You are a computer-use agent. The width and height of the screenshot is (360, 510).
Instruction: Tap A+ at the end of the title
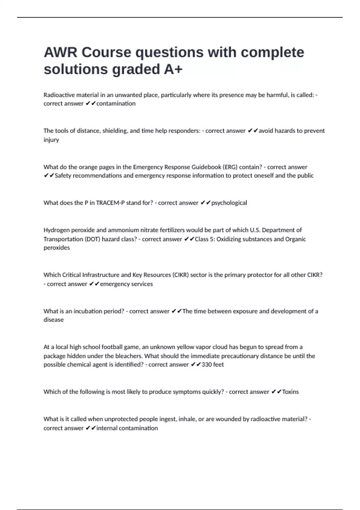173,69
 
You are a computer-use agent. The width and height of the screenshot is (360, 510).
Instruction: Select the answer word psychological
229,203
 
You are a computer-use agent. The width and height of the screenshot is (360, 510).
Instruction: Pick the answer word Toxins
290,392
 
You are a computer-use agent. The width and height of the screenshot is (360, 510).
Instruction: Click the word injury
51,140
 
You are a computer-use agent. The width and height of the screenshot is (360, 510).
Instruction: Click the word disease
54,320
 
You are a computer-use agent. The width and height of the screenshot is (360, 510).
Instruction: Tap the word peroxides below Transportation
57,248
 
